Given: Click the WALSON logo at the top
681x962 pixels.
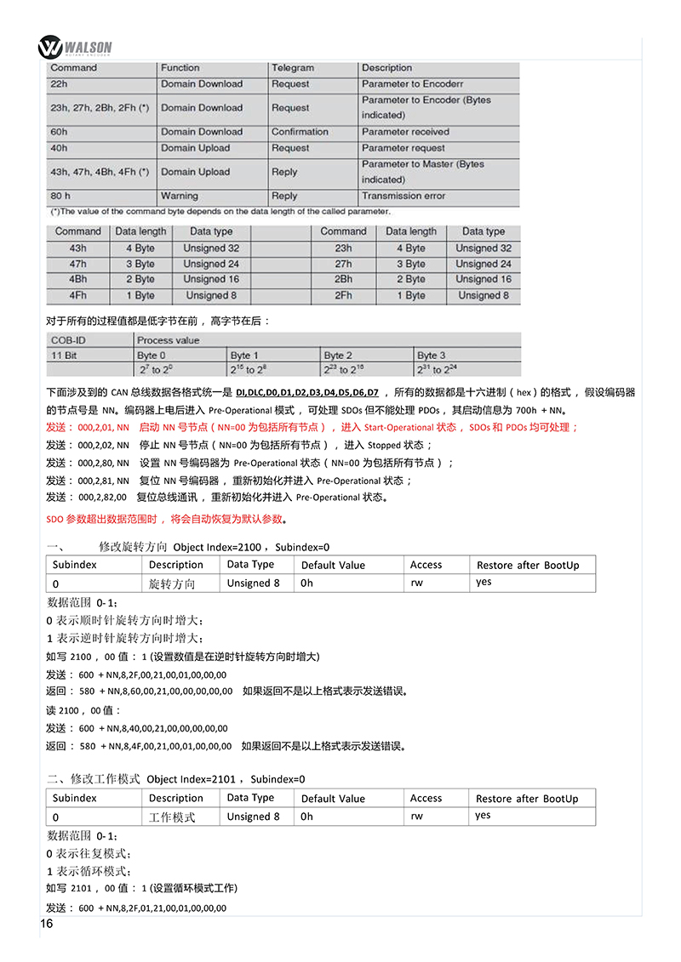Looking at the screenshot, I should click(x=76, y=45).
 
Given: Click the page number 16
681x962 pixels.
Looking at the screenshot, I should click(x=47, y=924).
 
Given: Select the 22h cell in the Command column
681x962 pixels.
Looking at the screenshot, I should click(x=59, y=84).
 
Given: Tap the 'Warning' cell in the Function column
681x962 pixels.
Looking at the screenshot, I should click(x=180, y=196).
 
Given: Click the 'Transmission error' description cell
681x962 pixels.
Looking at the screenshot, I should click(x=403, y=196).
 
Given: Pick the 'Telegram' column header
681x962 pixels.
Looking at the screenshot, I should click(x=293, y=68).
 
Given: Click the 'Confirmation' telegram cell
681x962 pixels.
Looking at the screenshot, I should click(x=300, y=132).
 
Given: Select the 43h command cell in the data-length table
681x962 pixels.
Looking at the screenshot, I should click(x=77, y=248).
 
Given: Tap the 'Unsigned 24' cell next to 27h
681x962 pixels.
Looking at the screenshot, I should click(x=483, y=264).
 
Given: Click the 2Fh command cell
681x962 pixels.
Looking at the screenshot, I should click(x=343, y=295).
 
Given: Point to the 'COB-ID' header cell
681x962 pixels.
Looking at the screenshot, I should click(x=68, y=340).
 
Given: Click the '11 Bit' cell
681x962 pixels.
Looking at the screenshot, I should click(x=65, y=356).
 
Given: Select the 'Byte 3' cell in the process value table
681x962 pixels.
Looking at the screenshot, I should click(x=431, y=356).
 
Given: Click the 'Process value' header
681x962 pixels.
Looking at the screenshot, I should click(x=168, y=340).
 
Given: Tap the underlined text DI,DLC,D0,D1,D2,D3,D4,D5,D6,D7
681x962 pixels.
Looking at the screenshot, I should click(x=307, y=392).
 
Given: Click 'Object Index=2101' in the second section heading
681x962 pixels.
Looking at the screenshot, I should click(x=193, y=778).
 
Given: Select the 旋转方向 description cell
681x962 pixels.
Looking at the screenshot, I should click(x=172, y=583).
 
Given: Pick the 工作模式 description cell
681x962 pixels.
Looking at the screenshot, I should click(x=172, y=817).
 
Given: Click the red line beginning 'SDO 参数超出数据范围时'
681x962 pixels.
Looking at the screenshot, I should click(x=166, y=519).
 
